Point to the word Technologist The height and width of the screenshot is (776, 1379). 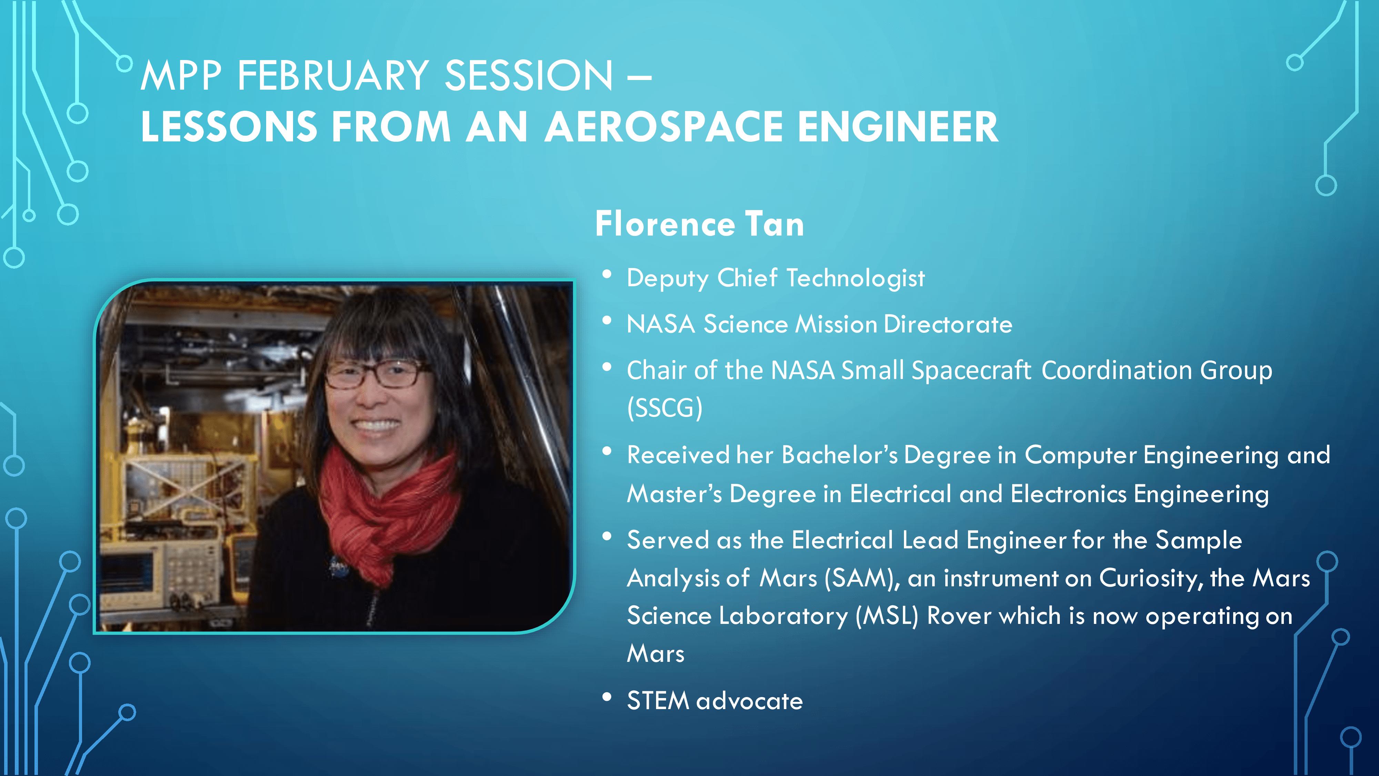855,278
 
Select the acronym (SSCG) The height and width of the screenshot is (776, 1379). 664,408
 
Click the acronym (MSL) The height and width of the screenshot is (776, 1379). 886,616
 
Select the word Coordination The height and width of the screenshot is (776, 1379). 1117,371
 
